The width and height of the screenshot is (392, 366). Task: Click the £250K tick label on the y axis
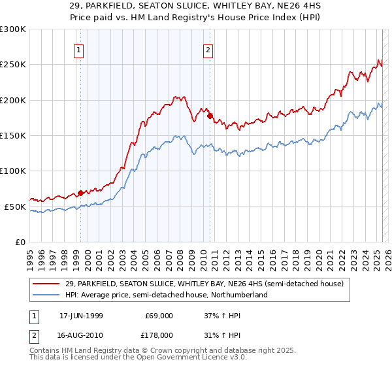pos(13,65)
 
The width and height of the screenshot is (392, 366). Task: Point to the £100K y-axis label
pos(13,171)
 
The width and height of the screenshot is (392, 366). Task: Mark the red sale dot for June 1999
pos(80,193)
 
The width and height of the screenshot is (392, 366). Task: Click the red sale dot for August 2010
pos(210,116)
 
